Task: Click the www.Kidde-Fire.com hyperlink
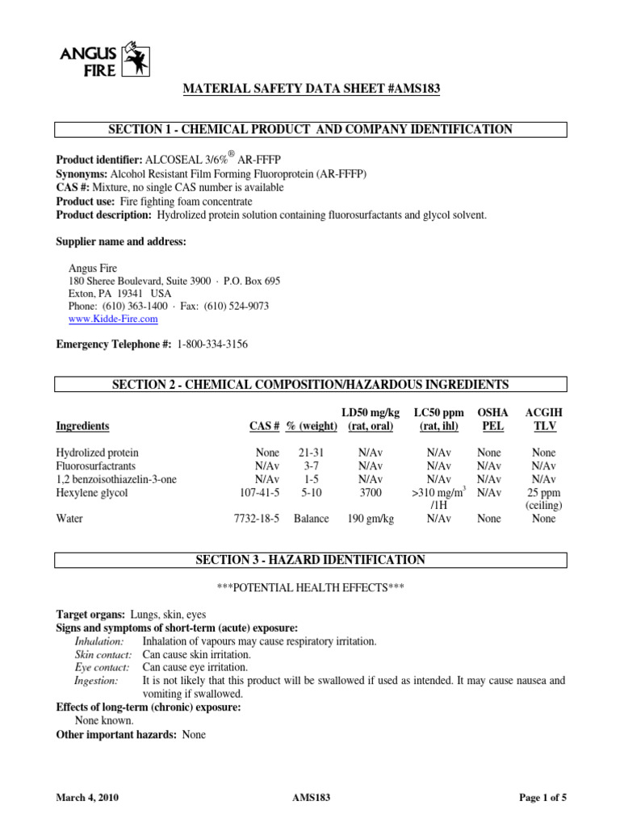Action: click(x=107, y=319)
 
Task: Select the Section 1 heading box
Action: click(x=311, y=130)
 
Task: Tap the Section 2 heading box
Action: click(x=311, y=384)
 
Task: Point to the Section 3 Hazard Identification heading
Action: click(x=311, y=560)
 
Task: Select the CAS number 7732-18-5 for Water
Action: click(x=256, y=519)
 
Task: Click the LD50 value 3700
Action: click(x=370, y=492)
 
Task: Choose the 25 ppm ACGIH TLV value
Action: click(x=543, y=492)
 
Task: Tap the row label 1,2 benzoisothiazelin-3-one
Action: click(x=116, y=479)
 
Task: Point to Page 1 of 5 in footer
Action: click(x=542, y=798)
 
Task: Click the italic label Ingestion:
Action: click(x=96, y=681)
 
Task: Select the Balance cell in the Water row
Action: click(x=311, y=519)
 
